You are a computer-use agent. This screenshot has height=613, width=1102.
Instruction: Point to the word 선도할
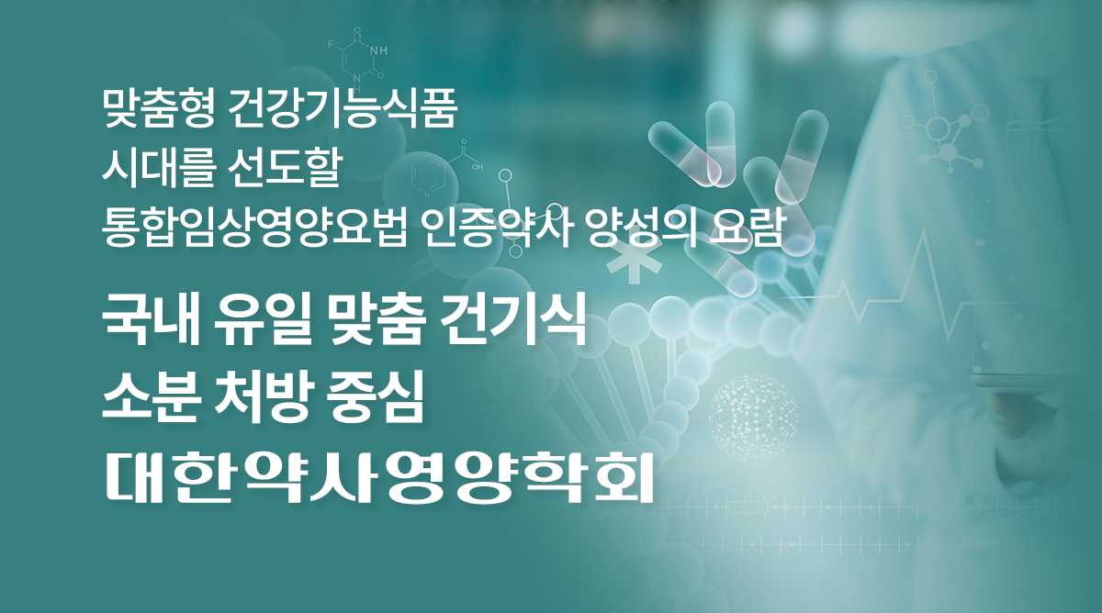285,170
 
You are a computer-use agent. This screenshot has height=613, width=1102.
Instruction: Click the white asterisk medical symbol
634,266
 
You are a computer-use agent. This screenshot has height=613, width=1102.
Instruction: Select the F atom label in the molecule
332,45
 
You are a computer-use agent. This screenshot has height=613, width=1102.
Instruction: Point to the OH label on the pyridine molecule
478,168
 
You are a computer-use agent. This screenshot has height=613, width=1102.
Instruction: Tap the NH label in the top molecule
378,50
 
